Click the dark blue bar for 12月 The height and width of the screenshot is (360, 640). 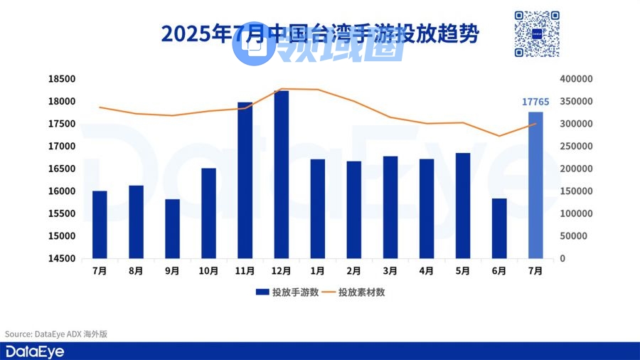coord(282,174)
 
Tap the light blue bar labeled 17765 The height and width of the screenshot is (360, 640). coord(535,185)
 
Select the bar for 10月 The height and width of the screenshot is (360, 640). coord(208,213)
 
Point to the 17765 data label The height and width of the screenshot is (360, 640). coord(535,102)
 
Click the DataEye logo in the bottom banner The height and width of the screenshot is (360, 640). coord(27,351)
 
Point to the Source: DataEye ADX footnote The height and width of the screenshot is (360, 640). coord(55,334)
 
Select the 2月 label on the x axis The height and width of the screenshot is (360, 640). coord(354,271)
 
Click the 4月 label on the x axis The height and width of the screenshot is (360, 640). coord(427,271)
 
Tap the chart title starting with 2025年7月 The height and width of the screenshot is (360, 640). coord(320,34)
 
